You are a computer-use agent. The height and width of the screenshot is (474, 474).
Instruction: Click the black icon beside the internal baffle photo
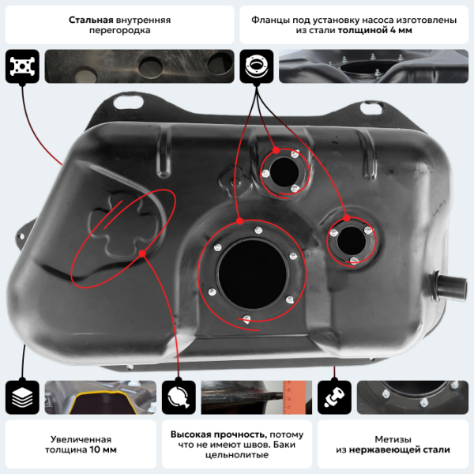point(21,66)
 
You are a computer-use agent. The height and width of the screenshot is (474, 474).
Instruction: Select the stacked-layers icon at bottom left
point(21,396)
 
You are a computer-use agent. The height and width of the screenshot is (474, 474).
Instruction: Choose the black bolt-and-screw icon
point(333,396)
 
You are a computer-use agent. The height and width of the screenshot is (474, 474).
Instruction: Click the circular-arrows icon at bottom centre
point(178,396)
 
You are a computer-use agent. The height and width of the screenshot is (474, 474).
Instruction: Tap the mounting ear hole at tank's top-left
point(125,101)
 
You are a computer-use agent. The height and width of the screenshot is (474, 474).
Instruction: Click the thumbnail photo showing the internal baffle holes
point(140,66)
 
